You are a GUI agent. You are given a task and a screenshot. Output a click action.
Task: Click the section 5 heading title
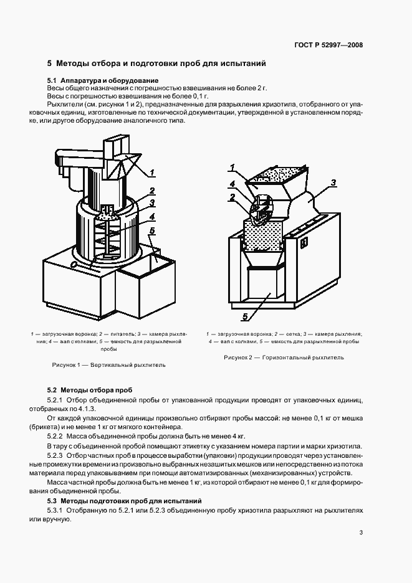(x=156, y=64)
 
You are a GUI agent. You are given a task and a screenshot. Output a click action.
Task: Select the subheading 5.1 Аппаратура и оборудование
(x=103, y=81)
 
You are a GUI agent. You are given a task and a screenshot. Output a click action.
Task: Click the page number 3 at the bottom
(x=362, y=532)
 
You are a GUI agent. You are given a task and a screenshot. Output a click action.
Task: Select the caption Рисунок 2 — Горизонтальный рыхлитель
(x=284, y=358)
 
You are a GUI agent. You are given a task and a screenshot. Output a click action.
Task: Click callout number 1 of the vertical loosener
(x=152, y=173)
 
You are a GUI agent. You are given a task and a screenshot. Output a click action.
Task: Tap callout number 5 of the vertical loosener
(x=151, y=232)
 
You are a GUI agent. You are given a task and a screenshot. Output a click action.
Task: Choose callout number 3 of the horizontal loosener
(x=333, y=183)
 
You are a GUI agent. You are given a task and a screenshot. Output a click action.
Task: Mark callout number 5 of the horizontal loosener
(x=245, y=317)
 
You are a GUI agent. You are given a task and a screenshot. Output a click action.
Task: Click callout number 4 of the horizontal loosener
(x=231, y=184)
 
